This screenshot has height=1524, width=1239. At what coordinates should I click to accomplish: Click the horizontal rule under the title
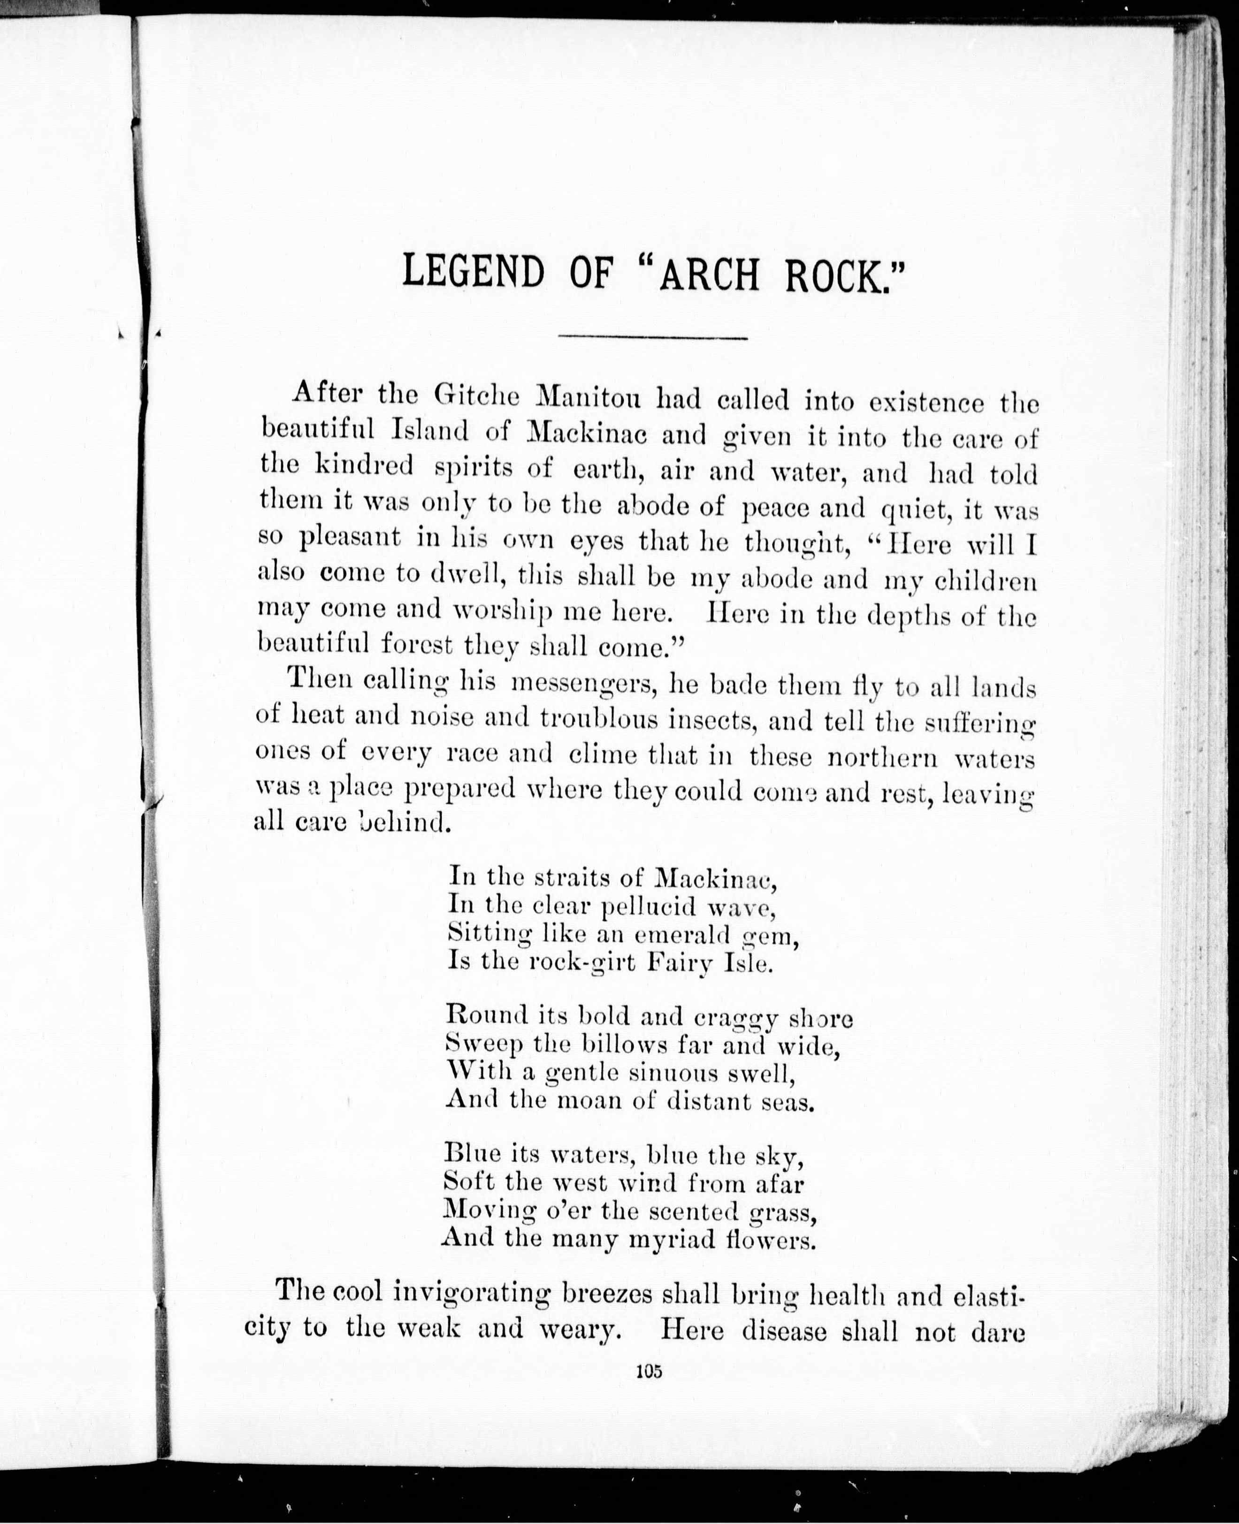click(653, 337)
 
